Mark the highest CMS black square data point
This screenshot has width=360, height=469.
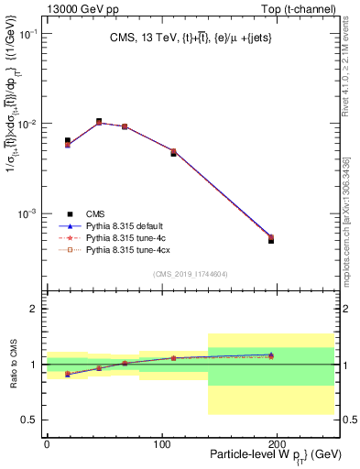99,121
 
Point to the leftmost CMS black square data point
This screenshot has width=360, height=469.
68,140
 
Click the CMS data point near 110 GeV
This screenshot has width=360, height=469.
173,153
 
